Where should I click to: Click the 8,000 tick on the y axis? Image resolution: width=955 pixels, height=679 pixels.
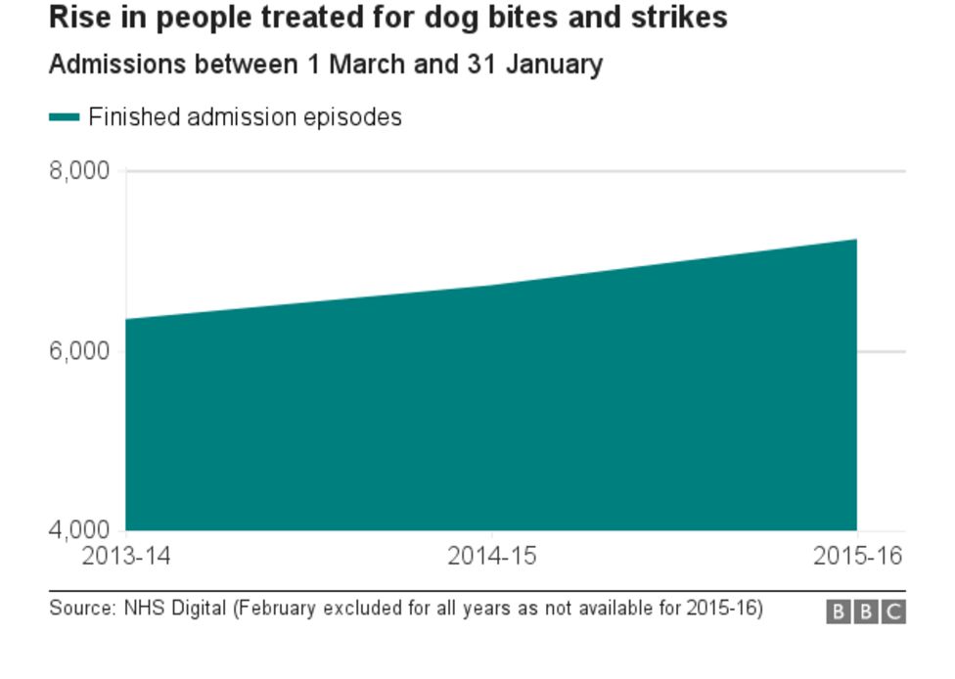[78, 171]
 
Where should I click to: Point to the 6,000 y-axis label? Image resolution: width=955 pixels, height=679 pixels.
[78, 351]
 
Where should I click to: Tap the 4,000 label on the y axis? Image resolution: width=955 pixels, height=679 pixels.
[78, 530]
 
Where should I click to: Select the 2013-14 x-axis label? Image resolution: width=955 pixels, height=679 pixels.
[126, 557]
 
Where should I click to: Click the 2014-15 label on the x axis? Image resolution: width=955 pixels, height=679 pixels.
[491, 557]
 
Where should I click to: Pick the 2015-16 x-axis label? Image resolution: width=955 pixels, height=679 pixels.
[857, 557]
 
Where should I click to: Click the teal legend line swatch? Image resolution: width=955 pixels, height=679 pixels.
[64, 117]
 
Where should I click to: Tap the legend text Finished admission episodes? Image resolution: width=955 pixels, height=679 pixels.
[245, 117]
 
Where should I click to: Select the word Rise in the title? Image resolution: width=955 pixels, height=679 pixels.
[76, 18]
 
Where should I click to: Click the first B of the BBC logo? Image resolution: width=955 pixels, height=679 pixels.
[838, 612]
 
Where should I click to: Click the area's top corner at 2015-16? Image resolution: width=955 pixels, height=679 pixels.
[856, 240]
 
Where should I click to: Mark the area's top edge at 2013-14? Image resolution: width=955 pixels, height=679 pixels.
[127, 319]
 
